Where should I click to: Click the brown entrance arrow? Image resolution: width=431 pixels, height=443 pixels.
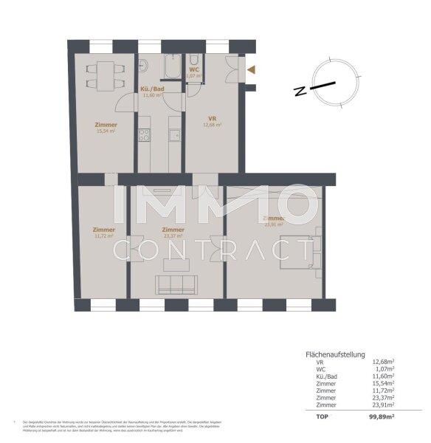click(x=252, y=70)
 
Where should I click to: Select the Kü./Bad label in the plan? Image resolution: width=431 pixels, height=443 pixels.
click(x=151, y=89)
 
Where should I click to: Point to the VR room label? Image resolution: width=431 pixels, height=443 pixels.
click(x=211, y=118)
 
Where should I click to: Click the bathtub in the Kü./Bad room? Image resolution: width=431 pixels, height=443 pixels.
click(x=173, y=67)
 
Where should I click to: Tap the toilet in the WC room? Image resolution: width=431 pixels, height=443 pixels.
click(x=193, y=60)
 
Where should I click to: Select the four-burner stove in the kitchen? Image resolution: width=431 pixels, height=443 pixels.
click(x=145, y=135)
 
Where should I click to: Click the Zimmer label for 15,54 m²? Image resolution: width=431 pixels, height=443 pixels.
click(x=106, y=125)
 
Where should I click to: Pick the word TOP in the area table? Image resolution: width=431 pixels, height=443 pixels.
click(x=320, y=417)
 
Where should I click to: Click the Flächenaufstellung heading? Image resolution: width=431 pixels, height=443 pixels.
click(x=335, y=354)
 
